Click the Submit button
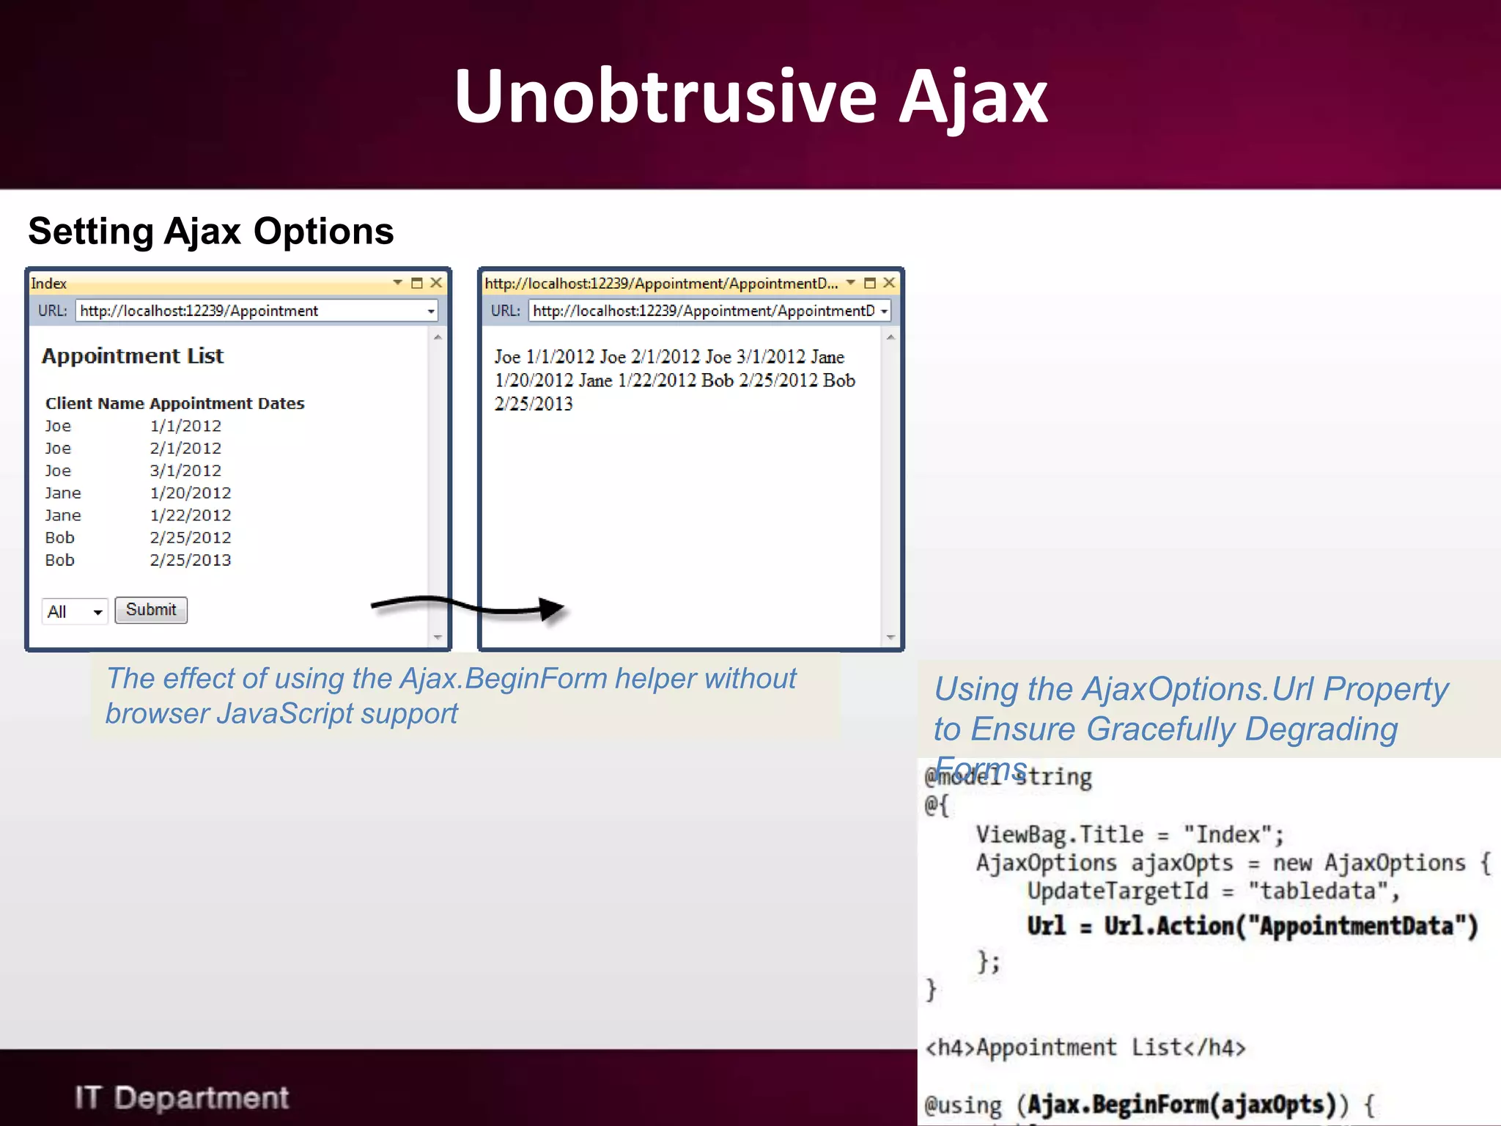(151, 610)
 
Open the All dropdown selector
(75, 611)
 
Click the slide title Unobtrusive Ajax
(750, 97)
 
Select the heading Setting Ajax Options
(211, 232)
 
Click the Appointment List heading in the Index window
(133, 356)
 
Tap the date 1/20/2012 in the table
(191, 493)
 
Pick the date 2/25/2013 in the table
(191, 560)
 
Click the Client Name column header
(95, 403)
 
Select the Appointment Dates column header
(227, 403)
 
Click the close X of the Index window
(436, 283)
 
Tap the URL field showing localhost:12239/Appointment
(253, 311)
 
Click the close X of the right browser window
(889, 283)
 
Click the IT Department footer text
(182, 1097)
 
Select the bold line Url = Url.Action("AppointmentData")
(1252, 926)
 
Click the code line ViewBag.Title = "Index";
(1129, 835)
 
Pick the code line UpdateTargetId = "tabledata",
(1213, 891)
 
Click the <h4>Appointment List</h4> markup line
(1085, 1048)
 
